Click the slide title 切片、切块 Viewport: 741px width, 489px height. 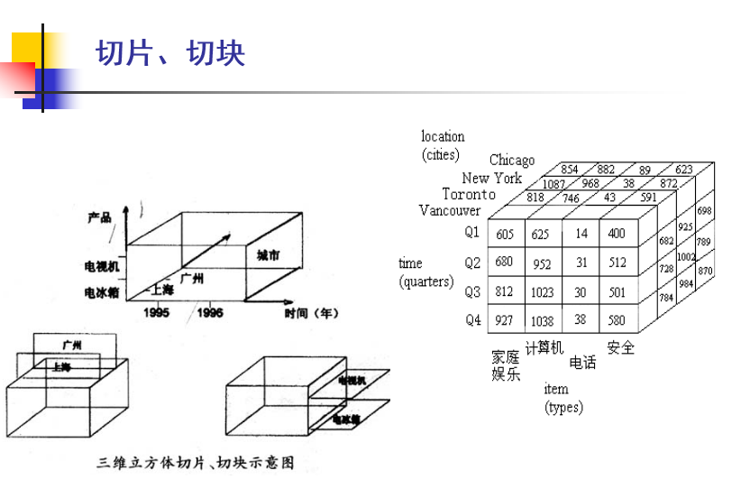[170, 53]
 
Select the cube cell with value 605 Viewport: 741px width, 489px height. [505, 235]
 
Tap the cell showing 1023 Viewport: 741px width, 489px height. [542, 291]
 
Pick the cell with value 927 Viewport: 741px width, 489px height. [505, 320]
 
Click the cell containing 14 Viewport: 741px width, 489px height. [581, 235]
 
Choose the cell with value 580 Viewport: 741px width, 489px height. [617, 320]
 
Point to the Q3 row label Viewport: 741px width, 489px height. [472, 291]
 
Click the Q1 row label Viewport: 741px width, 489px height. [472, 232]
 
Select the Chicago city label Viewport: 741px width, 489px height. [512, 161]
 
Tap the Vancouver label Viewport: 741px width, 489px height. [450, 210]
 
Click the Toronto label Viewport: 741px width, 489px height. [469, 194]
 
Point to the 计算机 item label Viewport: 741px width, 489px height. [544, 347]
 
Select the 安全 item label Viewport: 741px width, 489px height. [621, 347]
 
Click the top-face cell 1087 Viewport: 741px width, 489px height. [553, 184]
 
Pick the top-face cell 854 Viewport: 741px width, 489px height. [570, 170]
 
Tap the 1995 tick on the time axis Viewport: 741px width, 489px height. [157, 312]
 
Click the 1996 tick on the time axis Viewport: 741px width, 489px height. [209, 312]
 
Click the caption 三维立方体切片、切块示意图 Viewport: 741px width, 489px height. [196, 464]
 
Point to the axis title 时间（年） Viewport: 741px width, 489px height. [311, 313]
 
